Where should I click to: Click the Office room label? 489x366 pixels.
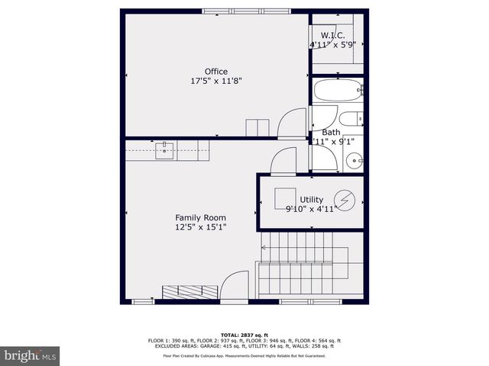216,72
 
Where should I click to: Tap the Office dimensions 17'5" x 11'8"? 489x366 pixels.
216,81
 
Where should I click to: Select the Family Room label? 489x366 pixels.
201,217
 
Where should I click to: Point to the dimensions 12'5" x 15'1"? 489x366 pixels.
201,226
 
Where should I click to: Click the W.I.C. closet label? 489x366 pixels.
332,36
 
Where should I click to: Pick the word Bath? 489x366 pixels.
331,132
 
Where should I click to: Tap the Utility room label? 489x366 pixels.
311,200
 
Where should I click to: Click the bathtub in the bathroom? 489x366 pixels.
337,92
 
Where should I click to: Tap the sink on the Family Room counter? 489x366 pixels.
165,150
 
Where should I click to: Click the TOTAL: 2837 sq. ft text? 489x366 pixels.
244,335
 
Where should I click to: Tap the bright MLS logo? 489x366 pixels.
31,355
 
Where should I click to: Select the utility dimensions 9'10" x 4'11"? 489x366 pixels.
311,209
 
